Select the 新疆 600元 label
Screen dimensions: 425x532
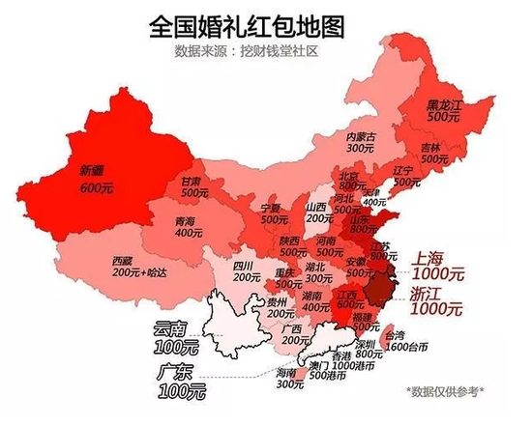pyautogui.click(x=95, y=181)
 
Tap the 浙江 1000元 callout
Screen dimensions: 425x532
pyautogui.click(x=435, y=301)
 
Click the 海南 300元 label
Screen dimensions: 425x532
pyautogui.click(x=288, y=378)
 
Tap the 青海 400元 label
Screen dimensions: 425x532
pyautogui.click(x=185, y=226)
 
